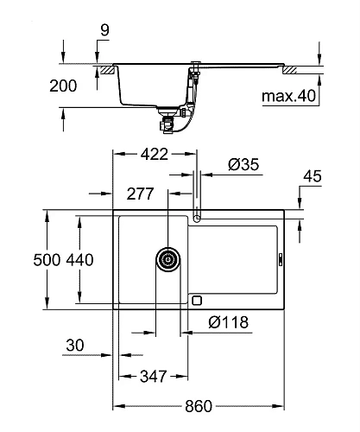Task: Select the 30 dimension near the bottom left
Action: [76, 346]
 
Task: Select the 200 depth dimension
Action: [64, 86]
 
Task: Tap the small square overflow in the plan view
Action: [196, 301]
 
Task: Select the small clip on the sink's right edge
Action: [281, 257]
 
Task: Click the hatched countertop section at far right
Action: [306, 67]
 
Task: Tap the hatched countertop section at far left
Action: [106, 67]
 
